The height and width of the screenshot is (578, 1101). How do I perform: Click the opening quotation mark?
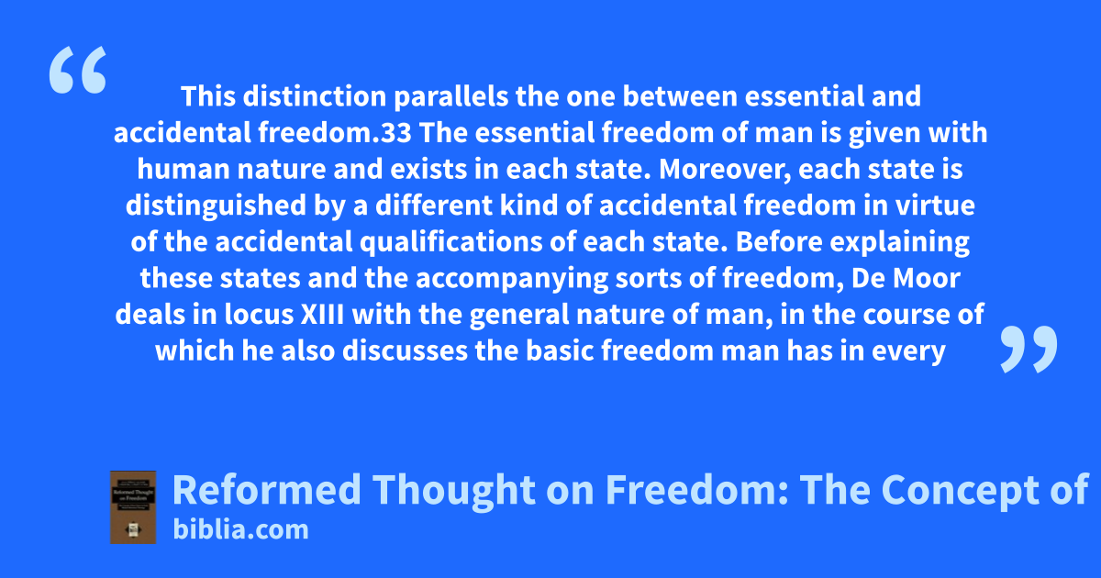click(x=78, y=70)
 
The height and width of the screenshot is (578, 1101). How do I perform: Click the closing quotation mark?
click(x=1029, y=349)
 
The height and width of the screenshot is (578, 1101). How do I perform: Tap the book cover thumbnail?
click(x=133, y=507)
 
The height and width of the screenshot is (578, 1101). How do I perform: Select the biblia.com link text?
click(x=240, y=530)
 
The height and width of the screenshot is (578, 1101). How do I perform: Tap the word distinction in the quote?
click(x=315, y=95)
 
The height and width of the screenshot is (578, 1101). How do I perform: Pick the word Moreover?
click(x=725, y=170)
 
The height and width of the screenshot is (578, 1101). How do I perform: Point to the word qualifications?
click(x=450, y=242)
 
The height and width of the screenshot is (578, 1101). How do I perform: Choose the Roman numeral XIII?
click(x=322, y=315)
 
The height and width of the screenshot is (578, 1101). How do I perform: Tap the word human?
click(x=183, y=169)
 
